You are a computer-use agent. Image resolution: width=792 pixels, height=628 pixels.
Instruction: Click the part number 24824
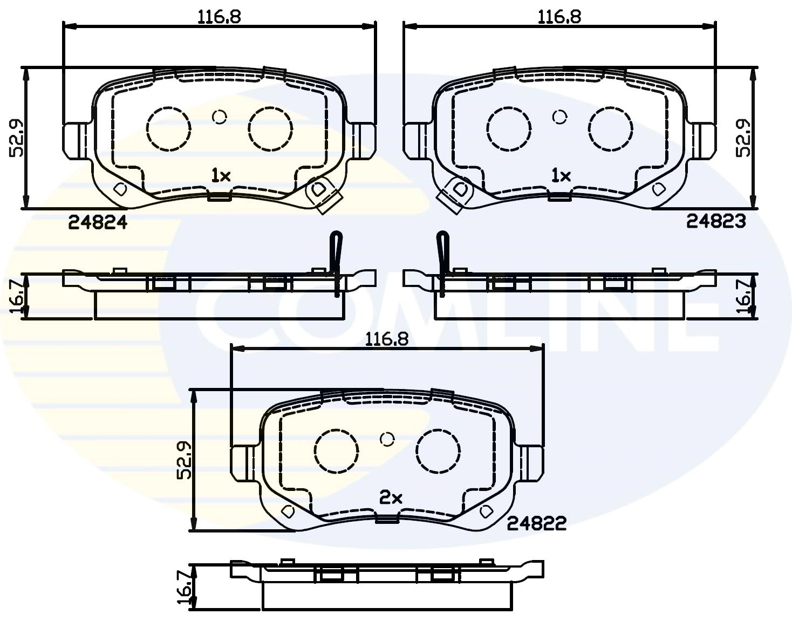tap(98, 222)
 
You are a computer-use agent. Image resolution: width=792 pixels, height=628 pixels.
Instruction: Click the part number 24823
tap(715, 221)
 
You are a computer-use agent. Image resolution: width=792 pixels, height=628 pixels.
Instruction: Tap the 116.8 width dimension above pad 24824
tap(219, 16)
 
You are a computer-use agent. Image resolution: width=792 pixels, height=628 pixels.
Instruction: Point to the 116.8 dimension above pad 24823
tap(559, 16)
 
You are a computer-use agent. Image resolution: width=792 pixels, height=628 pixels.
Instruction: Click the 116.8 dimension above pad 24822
tap(387, 339)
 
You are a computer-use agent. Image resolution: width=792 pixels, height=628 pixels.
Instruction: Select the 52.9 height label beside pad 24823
tap(745, 139)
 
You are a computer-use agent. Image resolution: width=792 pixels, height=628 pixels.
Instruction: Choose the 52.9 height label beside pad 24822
tap(185, 460)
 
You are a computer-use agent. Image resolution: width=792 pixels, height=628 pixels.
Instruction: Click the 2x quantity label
tap(391, 498)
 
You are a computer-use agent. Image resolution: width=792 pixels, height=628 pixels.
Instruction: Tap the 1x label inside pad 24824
tap(221, 175)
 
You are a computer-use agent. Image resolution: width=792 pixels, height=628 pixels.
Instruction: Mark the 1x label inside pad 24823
tap(561, 175)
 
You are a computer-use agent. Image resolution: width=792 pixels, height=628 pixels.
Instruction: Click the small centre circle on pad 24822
tap(386, 439)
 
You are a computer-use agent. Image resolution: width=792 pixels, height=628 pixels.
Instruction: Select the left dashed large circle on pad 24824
tap(168, 128)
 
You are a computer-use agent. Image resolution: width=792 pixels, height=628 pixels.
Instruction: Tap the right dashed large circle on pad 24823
tap(610, 128)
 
